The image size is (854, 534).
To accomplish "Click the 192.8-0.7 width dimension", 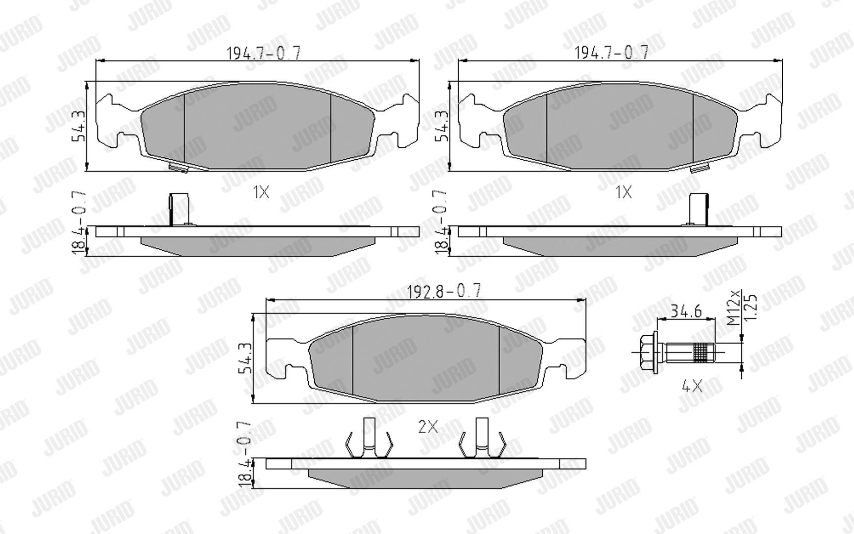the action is [443, 291].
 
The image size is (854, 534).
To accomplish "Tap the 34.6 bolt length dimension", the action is [686, 311].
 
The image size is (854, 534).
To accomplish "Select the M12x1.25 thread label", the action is [742, 307].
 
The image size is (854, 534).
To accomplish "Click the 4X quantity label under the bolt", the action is [692, 385].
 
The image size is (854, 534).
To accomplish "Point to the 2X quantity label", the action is [428, 426].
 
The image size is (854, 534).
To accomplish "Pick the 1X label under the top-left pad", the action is [261, 192].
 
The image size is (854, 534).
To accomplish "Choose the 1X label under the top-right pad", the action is [623, 192].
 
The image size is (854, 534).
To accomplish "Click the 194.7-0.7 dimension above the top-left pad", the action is [263, 53].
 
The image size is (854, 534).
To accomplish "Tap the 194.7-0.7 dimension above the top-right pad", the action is [611, 52].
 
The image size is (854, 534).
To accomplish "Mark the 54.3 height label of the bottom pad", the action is [246, 358].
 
